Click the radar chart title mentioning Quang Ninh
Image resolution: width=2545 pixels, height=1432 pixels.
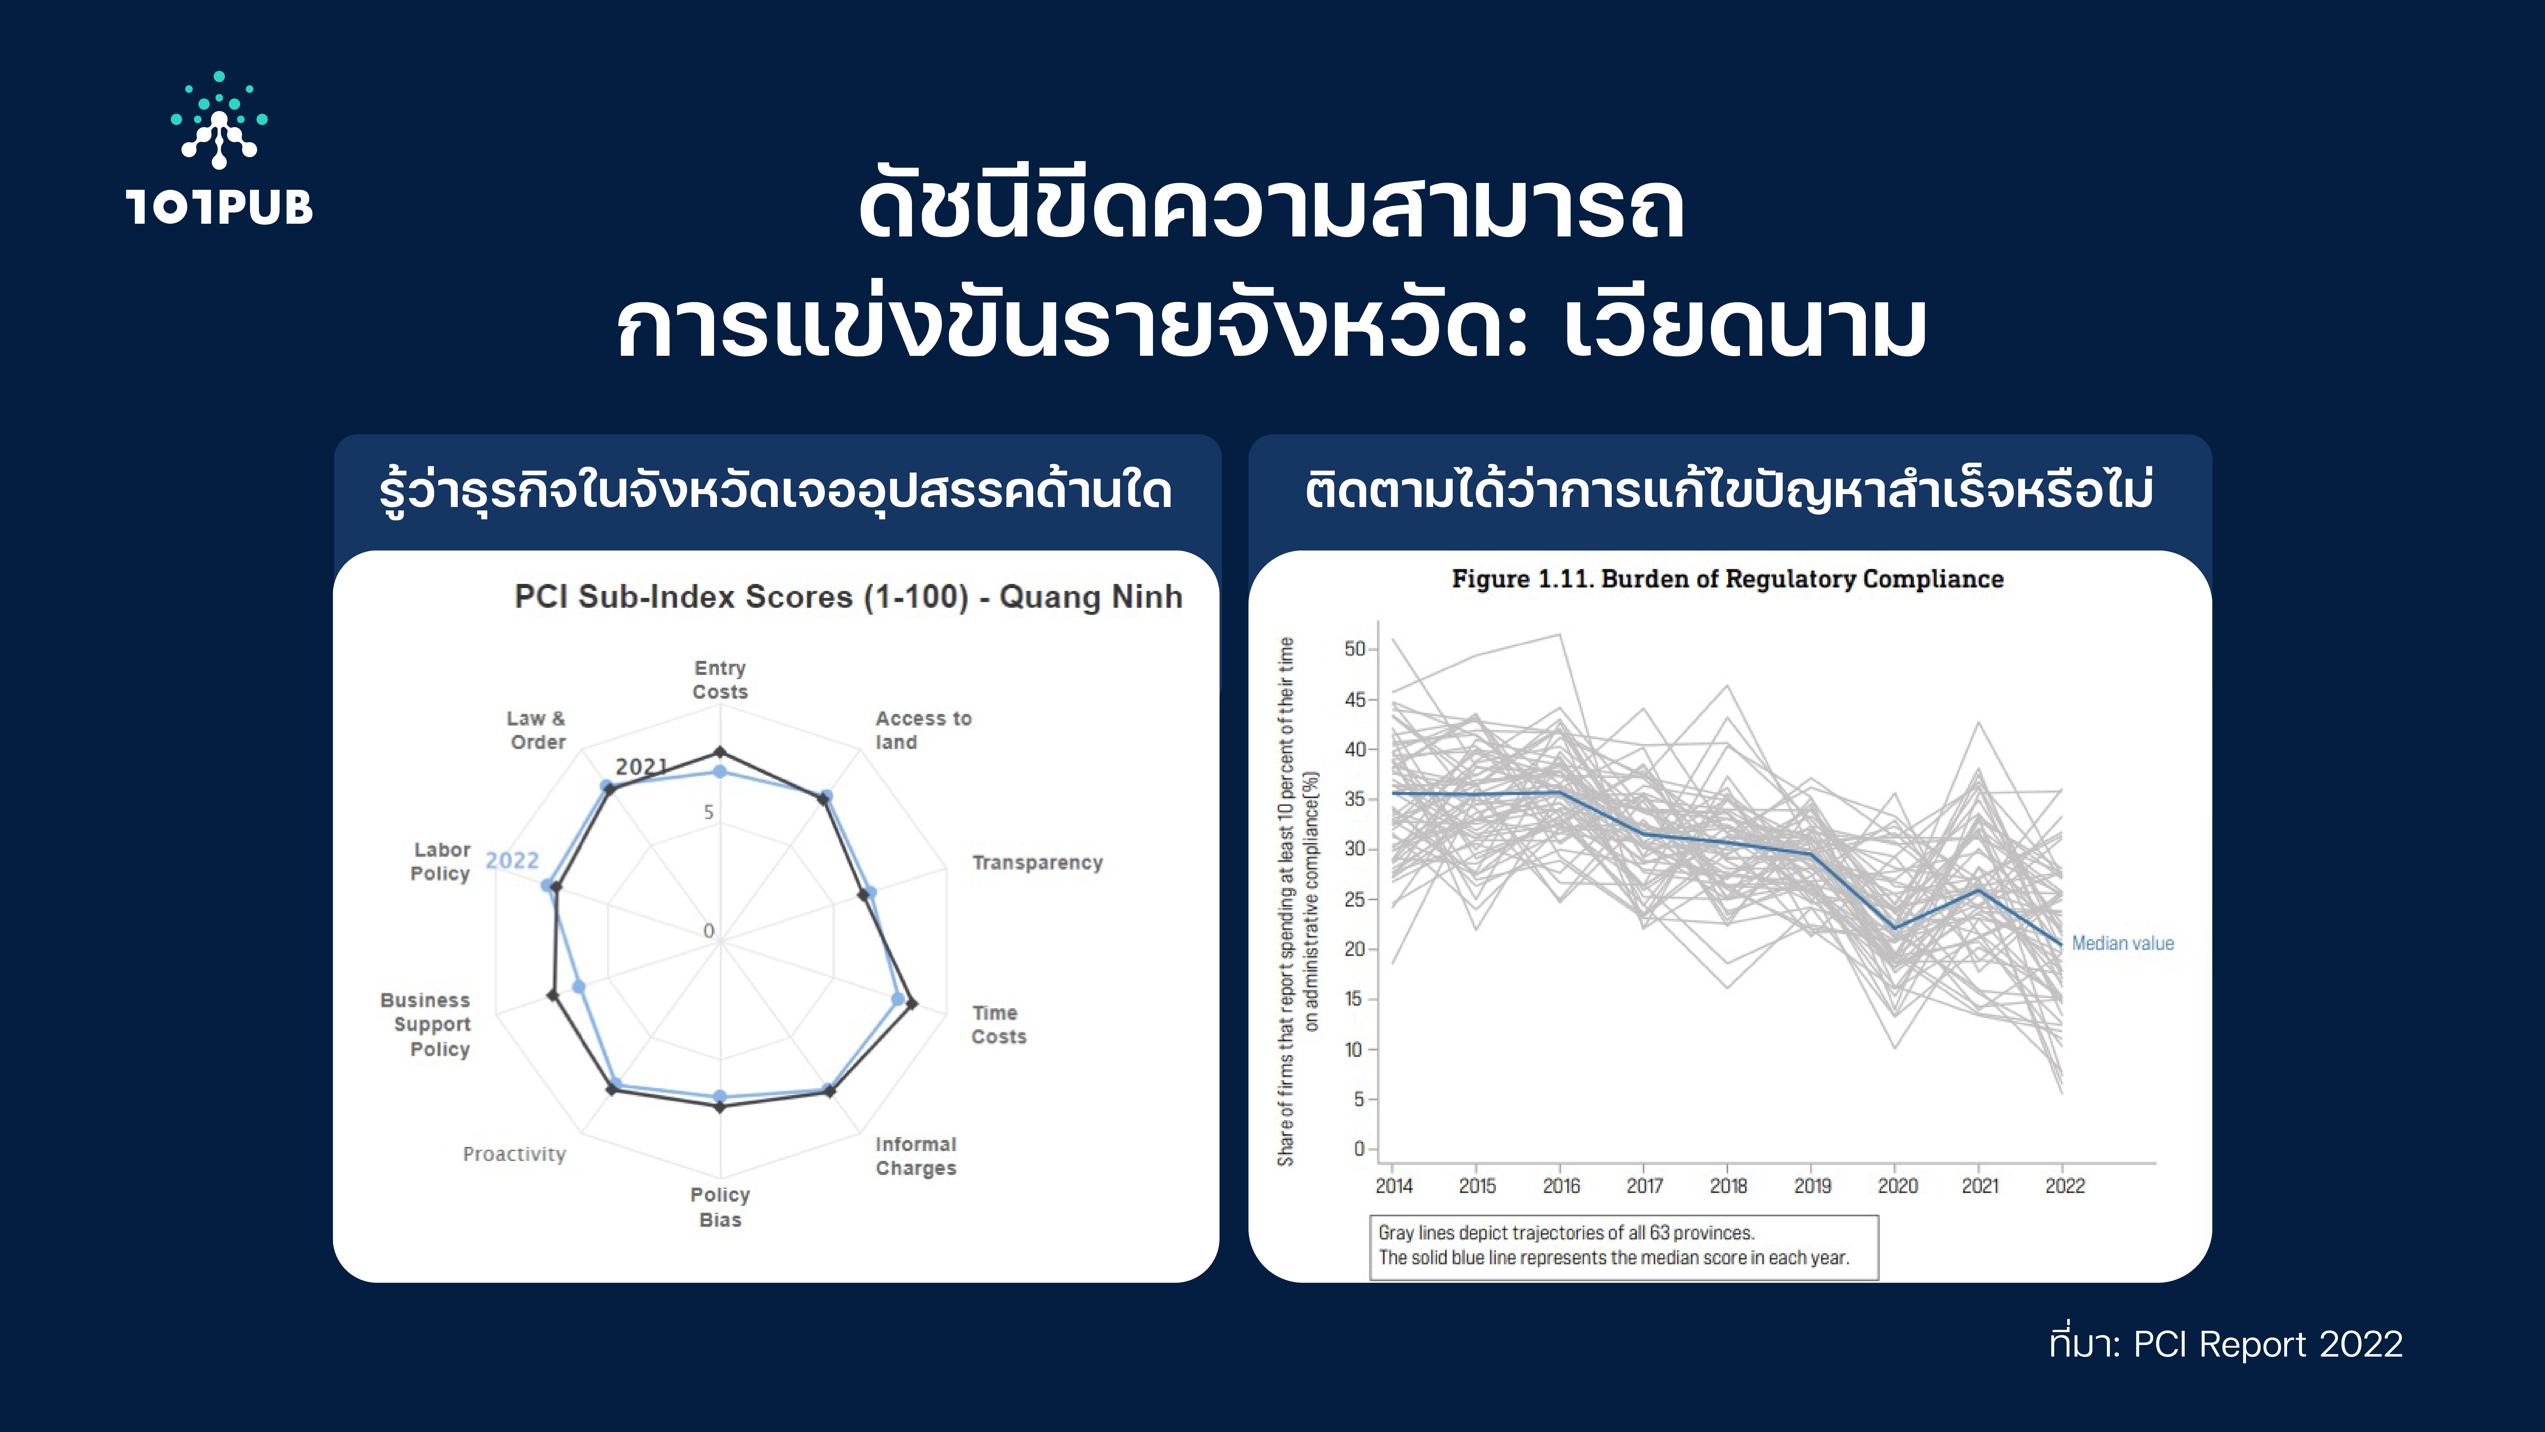848,597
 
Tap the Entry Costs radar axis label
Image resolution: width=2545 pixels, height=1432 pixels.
720,680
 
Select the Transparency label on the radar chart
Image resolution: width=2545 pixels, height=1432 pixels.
1037,863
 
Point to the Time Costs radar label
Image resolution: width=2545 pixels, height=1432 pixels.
999,1025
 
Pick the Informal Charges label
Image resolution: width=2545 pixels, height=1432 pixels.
916,1156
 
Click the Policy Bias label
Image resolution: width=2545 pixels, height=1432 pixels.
720,1207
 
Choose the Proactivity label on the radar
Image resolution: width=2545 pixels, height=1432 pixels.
515,1154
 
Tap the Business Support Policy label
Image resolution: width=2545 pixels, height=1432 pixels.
426,1025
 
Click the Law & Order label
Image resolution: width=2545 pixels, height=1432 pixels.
537,730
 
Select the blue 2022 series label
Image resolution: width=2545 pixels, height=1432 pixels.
512,861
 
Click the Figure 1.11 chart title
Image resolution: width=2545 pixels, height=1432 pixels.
1728,579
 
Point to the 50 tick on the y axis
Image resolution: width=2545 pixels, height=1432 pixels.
1354,649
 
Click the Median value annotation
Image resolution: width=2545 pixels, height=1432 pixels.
2122,944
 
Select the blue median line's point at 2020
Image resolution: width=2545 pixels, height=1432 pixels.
1895,928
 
